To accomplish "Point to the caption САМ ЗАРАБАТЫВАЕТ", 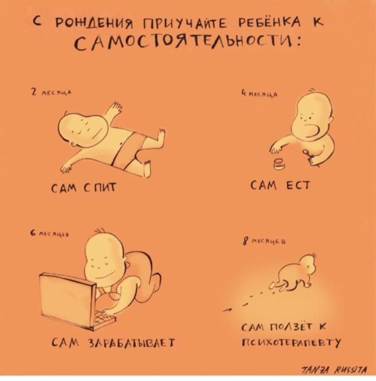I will point(112,342).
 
